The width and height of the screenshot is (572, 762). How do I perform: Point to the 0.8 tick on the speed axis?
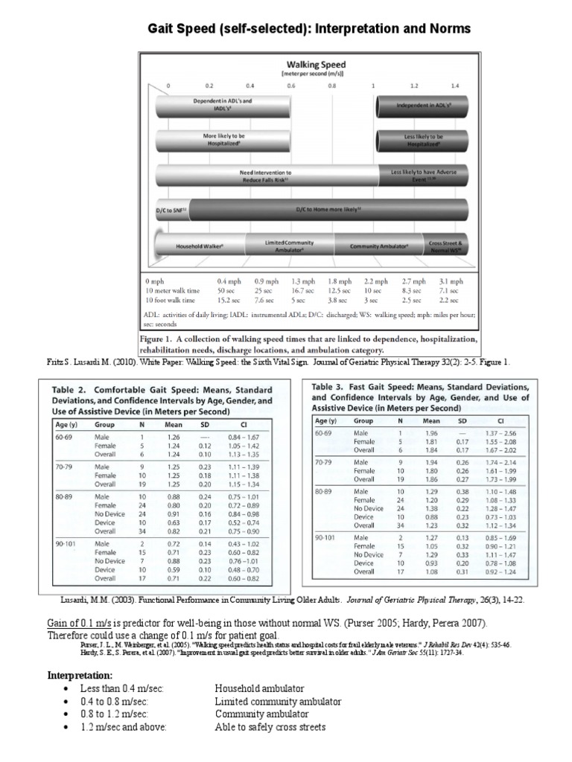click(x=332, y=86)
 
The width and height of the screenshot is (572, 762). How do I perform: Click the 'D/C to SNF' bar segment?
click(x=173, y=211)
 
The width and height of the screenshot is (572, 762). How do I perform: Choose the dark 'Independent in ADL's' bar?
click(x=424, y=106)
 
